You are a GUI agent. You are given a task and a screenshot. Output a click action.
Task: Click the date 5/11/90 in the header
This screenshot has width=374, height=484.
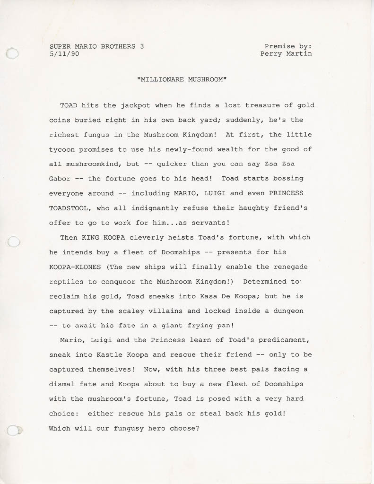[x=64, y=54]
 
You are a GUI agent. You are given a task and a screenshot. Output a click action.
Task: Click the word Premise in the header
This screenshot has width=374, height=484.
[x=279, y=46]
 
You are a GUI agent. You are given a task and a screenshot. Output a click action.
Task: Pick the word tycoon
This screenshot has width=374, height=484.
[x=62, y=149]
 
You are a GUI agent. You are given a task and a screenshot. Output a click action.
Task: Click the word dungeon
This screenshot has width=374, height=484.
[x=288, y=311]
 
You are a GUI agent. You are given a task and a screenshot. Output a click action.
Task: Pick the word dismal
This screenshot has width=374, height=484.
[x=62, y=384]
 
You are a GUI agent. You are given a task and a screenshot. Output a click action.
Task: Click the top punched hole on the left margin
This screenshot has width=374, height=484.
[x=13, y=53]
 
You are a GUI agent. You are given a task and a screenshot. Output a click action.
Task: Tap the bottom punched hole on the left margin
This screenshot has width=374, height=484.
[x=13, y=431]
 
